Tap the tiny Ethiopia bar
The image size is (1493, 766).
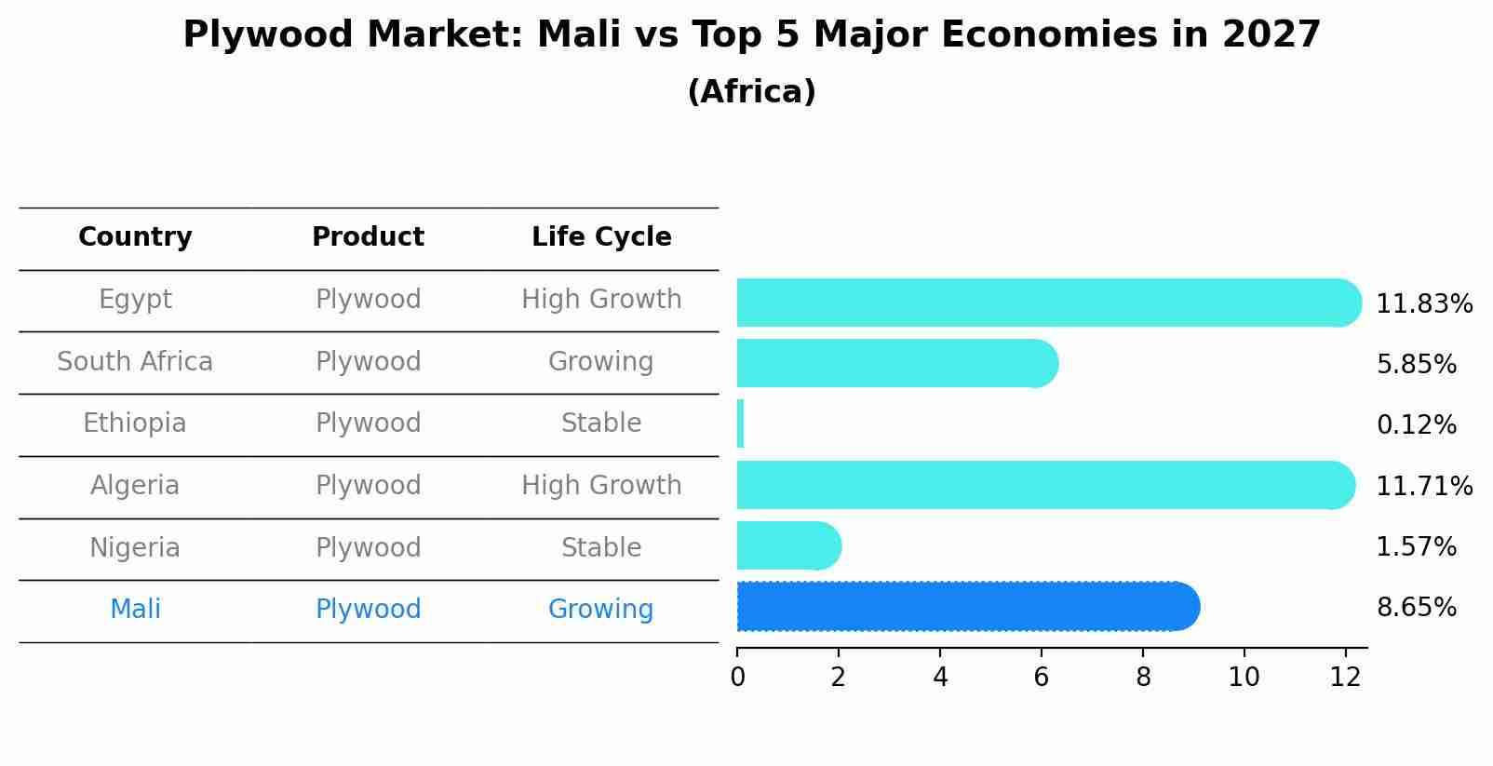[x=741, y=423]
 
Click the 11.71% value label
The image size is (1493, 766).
[x=1423, y=486]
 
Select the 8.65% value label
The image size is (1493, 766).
[x=1416, y=608]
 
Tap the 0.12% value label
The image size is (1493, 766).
[x=1416, y=425]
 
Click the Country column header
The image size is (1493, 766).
[x=135, y=237]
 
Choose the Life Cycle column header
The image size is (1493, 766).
[x=601, y=237]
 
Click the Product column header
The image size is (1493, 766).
[x=368, y=237]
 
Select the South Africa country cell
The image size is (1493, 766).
[x=135, y=361]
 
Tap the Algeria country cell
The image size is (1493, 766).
[x=135, y=485]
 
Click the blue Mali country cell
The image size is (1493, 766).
[x=135, y=610]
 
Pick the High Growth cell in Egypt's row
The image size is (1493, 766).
[x=601, y=300]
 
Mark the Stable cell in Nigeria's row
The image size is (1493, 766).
[x=601, y=547]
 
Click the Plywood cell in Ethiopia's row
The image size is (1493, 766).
[x=368, y=423]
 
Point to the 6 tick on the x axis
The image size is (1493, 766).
[x=1041, y=677]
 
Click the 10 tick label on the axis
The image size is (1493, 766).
[x=1244, y=677]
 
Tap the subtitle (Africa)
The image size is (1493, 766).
[x=751, y=92]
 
